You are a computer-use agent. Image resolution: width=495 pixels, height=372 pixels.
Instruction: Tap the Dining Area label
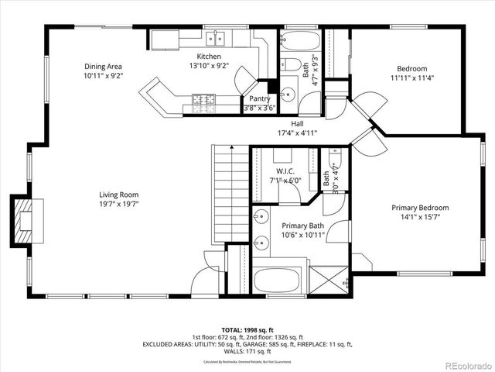pyautogui.click(x=104, y=67)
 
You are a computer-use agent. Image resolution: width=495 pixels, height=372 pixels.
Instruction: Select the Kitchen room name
pyautogui.click(x=209, y=57)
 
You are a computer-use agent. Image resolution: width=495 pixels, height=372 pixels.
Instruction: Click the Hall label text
pyautogui.click(x=297, y=124)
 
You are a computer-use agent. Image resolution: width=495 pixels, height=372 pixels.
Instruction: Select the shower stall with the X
pyautogui.click(x=329, y=277)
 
